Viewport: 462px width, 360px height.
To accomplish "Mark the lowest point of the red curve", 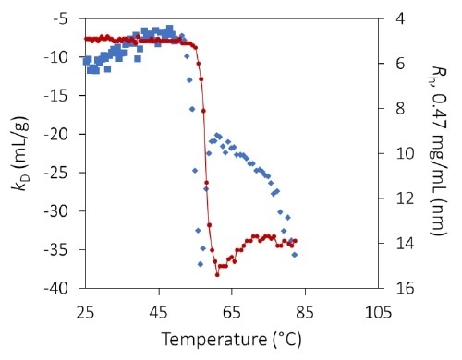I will point(217,274).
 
